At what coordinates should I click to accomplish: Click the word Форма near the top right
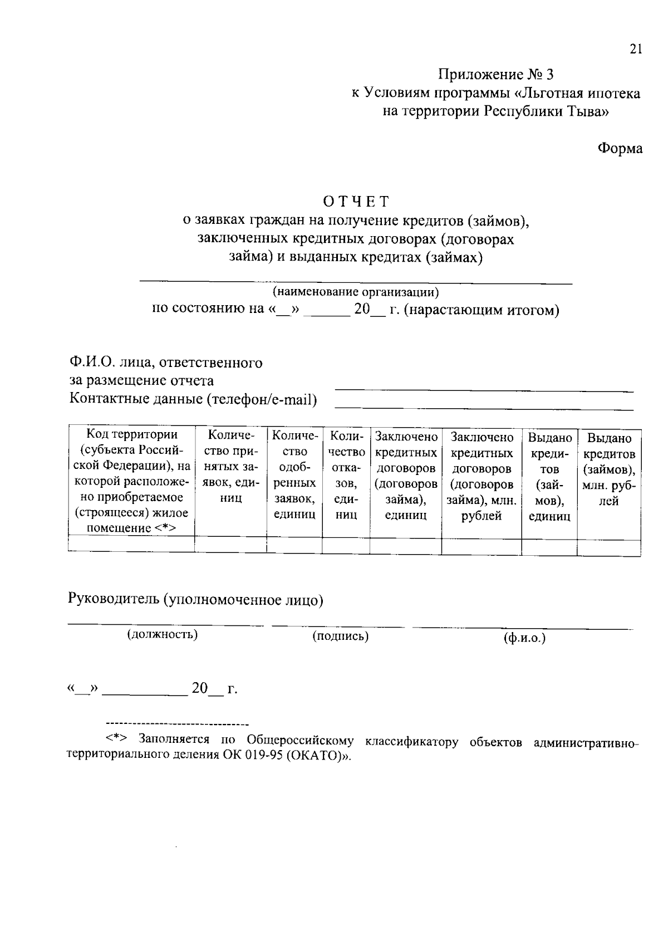620,149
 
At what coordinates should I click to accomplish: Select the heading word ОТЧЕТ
356,200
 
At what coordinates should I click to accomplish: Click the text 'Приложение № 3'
496,75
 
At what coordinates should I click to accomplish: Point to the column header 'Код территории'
132,434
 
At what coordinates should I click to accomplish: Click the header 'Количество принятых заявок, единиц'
230,466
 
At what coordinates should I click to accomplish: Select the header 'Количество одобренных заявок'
294,474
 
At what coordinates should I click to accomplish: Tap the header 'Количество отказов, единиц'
346,474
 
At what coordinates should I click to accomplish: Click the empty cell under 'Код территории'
131,544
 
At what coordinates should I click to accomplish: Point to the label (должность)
163,634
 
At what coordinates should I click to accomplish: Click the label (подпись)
340,636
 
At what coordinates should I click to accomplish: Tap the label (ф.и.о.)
524,638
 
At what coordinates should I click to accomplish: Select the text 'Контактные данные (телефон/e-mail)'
193,399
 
